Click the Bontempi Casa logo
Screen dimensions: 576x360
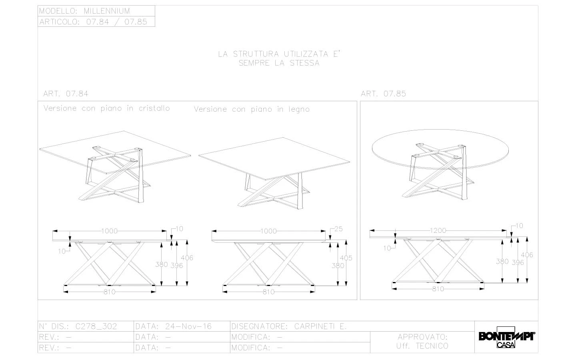click(506, 337)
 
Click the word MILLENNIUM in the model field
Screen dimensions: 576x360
click(107, 11)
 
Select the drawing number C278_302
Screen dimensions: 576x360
click(96, 326)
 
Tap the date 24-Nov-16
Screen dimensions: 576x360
click(188, 326)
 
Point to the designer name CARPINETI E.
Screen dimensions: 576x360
click(320, 326)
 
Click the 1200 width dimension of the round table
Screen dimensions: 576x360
click(438, 230)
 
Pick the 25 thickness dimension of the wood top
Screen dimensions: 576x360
click(338, 229)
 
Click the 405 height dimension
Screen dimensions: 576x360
click(346, 258)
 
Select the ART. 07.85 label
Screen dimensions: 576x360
click(383, 94)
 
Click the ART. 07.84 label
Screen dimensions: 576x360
click(66, 94)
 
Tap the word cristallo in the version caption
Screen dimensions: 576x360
click(154, 108)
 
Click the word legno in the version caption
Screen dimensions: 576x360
click(299, 110)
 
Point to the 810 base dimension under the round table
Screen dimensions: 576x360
click(438, 289)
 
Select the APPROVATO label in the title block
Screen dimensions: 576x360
click(422, 337)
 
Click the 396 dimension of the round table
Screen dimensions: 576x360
click(518, 262)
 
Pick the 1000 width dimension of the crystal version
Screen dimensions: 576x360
click(109, 231)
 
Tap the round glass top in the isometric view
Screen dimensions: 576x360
click(440, 150)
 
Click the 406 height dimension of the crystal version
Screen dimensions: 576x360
click(187, 258)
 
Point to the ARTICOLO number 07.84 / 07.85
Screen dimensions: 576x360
click(117, 22)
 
